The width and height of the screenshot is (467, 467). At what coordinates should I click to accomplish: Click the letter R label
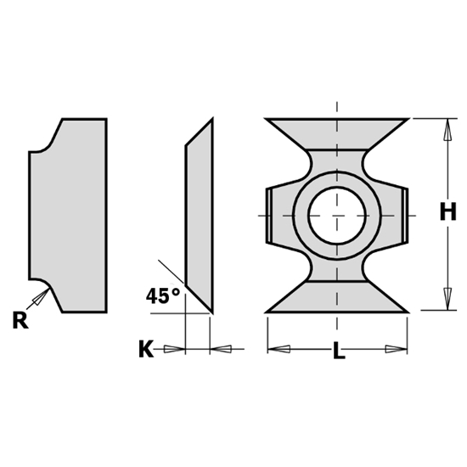point(19,320)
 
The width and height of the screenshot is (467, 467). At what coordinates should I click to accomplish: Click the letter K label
point(145,349)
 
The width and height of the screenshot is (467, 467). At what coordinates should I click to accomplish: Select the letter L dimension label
point(338,351)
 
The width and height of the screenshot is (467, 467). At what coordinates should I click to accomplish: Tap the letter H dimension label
point(447,212)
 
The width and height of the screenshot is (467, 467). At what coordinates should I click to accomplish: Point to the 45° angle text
point(163,296)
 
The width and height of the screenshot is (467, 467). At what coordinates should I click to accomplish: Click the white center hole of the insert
point(337,215)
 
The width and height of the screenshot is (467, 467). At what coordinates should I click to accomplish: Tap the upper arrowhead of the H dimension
point(447,129)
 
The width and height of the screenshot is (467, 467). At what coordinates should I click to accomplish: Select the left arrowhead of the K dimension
point(175,349)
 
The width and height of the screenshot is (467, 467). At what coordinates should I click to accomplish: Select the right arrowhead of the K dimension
point(222,349)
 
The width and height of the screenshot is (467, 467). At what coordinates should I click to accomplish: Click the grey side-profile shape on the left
point(72,214)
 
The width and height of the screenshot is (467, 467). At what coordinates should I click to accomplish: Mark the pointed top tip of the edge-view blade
point(211,121)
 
